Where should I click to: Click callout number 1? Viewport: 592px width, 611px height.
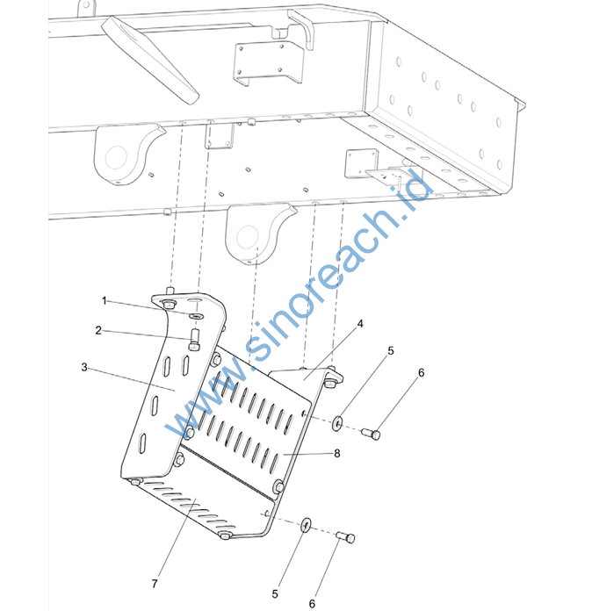click(x=105, y=301)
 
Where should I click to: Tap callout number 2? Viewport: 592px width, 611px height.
click(x=98, y=330)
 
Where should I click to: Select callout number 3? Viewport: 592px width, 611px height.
click(x=84, y=367)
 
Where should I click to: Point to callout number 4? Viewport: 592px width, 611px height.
click(x=360, y=324)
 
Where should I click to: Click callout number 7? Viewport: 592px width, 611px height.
click(x=155, y=584)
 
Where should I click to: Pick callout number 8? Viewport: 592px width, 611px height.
click(x=337, y=453)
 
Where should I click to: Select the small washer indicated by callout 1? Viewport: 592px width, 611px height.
click(x=196, y=314)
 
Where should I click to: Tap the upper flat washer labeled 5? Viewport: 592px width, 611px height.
click(x=337, y=423)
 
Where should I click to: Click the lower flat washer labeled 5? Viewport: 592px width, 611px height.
click(x=307, y=525)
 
